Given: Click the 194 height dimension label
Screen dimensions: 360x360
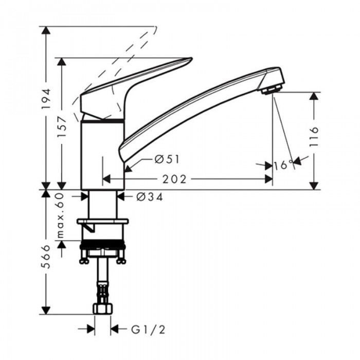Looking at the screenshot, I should tap(46, 99).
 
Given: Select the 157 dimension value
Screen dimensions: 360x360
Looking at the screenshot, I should tap(62, 125).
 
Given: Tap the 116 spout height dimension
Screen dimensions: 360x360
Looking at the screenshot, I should tap(315, 136).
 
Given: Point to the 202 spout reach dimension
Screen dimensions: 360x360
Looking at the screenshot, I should tap(174, 179).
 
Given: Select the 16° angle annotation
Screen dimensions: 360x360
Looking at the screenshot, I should tap(283, 165).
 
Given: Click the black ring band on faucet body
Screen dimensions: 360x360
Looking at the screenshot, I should tap(103, 121).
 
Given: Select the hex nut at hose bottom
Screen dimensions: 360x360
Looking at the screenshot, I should tap(103, 309).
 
